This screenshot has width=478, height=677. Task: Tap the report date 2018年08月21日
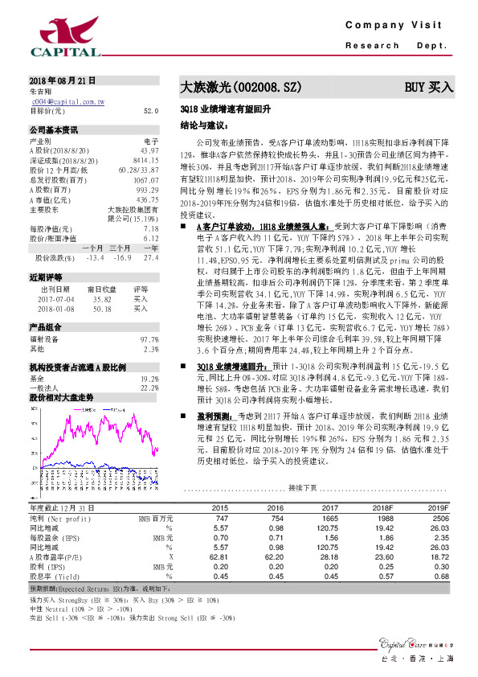[62, 82]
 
